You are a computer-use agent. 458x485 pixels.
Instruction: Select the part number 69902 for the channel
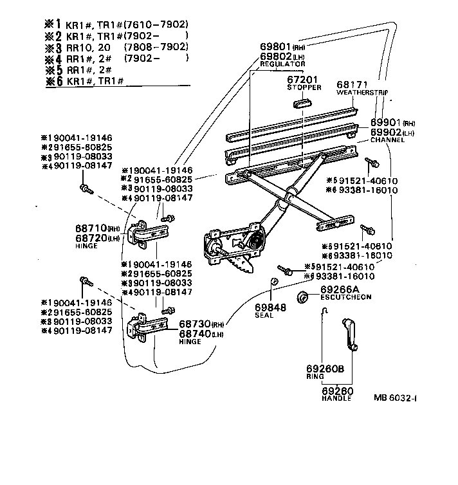(387, 132)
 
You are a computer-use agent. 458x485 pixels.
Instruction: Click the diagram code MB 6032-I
(396, 397)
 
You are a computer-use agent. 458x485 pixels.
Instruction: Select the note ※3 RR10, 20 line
(119, 47)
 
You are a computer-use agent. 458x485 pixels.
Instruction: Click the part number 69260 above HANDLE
(336, 390)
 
